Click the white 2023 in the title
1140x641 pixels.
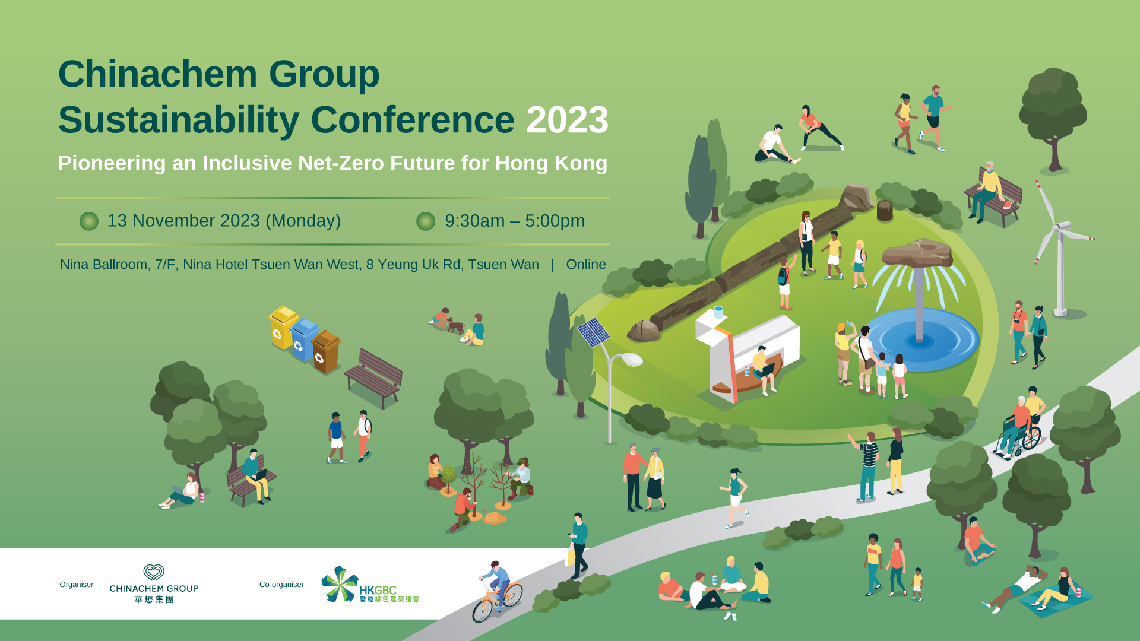point(567,120)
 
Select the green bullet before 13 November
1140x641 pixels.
point(89,221)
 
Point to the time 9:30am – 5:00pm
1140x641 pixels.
point(515,221)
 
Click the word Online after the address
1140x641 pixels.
point(586,264)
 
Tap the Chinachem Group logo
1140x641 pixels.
point(154,584)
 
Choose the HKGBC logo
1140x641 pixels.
point(370,585)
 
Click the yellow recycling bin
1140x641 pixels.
point(282,327)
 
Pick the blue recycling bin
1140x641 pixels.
point(304,339)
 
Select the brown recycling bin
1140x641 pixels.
point(325,351)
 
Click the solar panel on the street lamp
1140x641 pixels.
point(593,332)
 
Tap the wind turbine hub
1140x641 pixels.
point(1059,227)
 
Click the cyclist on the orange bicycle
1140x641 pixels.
point(498,591)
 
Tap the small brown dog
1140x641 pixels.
point(455,326)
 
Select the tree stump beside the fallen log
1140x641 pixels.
point(885,211)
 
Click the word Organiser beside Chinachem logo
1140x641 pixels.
point(77,585)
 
